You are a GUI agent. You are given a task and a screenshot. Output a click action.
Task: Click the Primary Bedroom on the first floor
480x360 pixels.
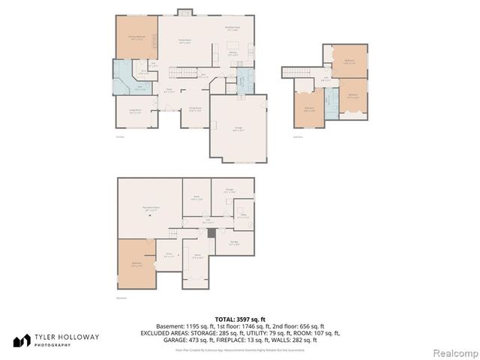tap(136, 37)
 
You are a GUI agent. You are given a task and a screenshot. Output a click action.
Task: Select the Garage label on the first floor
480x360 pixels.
tap(238, 129)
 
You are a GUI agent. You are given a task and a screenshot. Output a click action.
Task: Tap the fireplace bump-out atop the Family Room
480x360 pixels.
tap(184, 11)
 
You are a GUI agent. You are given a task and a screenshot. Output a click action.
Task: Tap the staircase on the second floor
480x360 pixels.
tap(298, 72)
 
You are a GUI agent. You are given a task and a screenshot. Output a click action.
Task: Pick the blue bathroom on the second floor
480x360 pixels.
tap(330, 99)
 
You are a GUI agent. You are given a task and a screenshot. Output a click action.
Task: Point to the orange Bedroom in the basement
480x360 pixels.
tap(136, 263)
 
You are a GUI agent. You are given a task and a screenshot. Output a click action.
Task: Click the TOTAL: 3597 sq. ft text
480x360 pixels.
tap(240, 319)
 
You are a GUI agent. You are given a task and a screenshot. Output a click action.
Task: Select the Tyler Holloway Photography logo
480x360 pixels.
tap(56, 340)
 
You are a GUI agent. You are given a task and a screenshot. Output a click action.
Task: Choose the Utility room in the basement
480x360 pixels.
tap(244, 217)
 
